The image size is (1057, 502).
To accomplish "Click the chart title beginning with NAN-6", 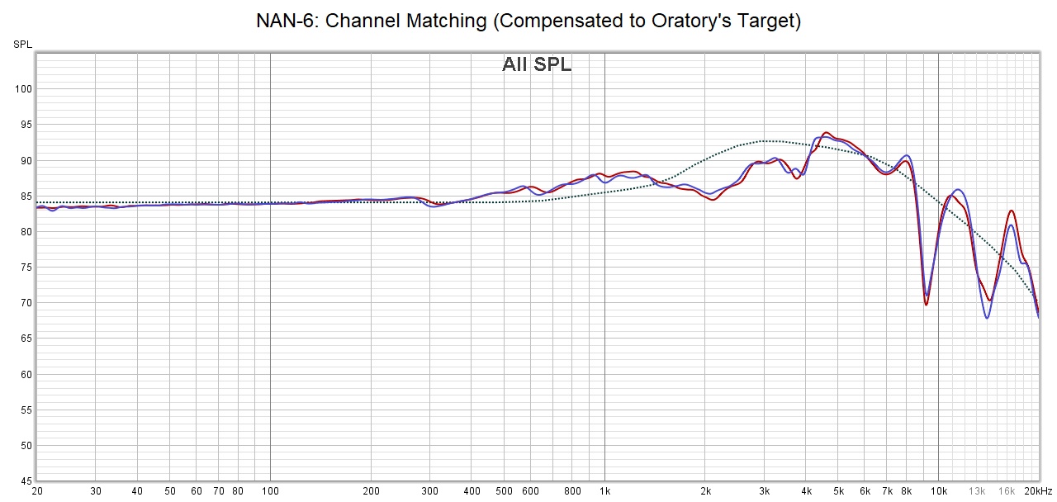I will click(x=528, y=21).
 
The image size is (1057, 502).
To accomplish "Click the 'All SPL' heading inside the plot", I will click(x=537, y=64).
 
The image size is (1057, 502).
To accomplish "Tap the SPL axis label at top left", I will click(x=22, y=44).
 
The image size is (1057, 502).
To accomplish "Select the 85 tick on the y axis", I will click(x=25, y=197).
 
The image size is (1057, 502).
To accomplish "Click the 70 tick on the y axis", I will click(x=25, y=303).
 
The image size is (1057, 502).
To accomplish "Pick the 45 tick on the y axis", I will click(x=25, y=481).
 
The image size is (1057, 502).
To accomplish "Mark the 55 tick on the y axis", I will click(x=25, y=410).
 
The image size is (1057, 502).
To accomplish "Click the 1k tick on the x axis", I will click(x=604, y=491).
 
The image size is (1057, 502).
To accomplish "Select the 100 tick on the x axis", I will click(x=270, y=491).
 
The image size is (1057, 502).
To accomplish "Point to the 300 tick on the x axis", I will click(x=429, y=491).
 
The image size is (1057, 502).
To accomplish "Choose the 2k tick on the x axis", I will click(x=705, y=491).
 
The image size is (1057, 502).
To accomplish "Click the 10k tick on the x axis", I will click(x=938, y=491).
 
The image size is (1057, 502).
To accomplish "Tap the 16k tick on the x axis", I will click(x=1007, y=491).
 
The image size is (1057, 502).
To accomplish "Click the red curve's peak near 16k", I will click(x=1012, y=211).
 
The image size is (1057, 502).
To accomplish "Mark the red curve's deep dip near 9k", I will click(x=926, y=305).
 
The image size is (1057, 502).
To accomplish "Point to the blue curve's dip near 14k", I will click(x=987, y=318).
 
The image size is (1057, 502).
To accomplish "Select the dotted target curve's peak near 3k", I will click(x=766, y=140).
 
